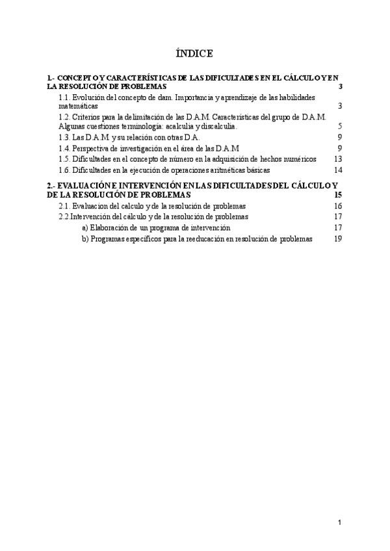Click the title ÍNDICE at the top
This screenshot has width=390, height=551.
(194, 53)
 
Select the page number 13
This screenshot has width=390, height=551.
(337, 159)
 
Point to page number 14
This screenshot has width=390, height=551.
(337, 170)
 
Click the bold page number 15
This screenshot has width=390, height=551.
(337, 194)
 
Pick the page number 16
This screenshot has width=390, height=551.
(337, 206)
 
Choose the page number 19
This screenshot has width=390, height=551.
(337, 239)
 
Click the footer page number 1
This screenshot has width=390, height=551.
(339, 522)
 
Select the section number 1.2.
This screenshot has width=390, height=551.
(64, 117)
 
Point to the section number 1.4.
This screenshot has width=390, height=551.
(64, 148)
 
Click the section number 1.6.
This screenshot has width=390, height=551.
(64, 170)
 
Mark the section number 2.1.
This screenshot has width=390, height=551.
(64, 206)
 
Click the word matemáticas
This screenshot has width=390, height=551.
(78, 105)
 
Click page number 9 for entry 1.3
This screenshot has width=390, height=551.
(340, 137)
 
